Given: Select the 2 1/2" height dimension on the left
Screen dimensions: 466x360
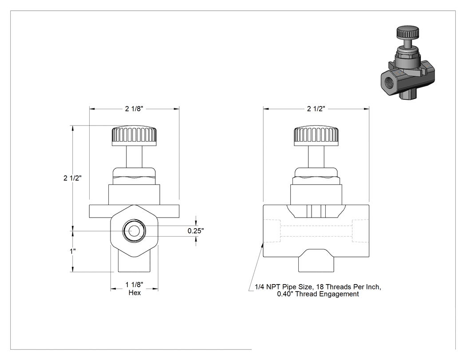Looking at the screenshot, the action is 72,178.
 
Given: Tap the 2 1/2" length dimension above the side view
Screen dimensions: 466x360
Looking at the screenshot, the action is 316,109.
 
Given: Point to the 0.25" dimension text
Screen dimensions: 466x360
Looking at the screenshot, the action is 196,231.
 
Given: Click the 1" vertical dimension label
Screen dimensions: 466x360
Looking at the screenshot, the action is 72,251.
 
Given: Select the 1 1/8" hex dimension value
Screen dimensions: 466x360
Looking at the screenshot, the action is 134,285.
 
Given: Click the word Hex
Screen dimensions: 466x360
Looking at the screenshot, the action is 134,293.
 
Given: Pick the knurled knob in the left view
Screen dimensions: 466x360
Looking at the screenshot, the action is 134,136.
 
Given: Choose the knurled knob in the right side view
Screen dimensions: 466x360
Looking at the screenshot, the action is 316,136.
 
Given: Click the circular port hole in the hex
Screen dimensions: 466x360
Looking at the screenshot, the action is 134,231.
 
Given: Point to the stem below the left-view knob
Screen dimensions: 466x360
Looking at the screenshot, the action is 134,157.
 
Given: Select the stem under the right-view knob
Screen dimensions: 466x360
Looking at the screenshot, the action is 316,157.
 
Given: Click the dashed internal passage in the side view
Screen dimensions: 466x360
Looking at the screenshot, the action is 316,231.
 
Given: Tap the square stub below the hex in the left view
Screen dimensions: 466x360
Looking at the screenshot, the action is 134,263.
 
